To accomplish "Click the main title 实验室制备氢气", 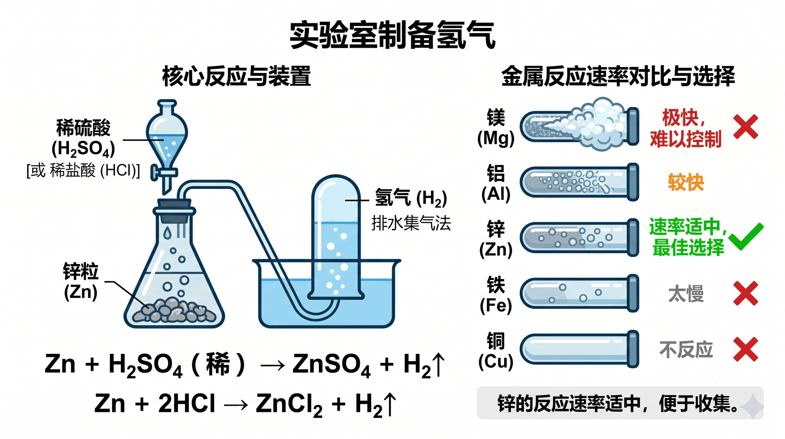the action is click(392, 35).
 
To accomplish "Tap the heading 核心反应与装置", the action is click(236, 76).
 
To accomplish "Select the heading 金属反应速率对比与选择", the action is click(618, 76).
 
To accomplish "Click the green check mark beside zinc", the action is click(746, 236).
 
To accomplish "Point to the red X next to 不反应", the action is click(746, 349).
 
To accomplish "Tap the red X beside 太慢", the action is click(746, 293).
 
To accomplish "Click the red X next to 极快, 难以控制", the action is click(746, 127).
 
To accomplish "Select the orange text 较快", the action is click(686, 182).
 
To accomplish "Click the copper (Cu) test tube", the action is click(579, 349).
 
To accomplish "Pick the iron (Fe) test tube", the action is click(579, 293).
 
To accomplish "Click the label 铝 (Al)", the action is click(496, 183).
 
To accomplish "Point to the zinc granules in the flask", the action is click(175, 311).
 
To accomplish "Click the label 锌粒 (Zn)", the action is click(81, 282).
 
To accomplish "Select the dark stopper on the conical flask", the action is click(174, 207).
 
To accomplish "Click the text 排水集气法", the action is click(411, 224).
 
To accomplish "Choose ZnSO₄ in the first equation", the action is click(332, 364).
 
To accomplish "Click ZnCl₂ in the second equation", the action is click(289, 404).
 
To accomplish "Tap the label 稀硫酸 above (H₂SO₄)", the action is click(83, 128).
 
